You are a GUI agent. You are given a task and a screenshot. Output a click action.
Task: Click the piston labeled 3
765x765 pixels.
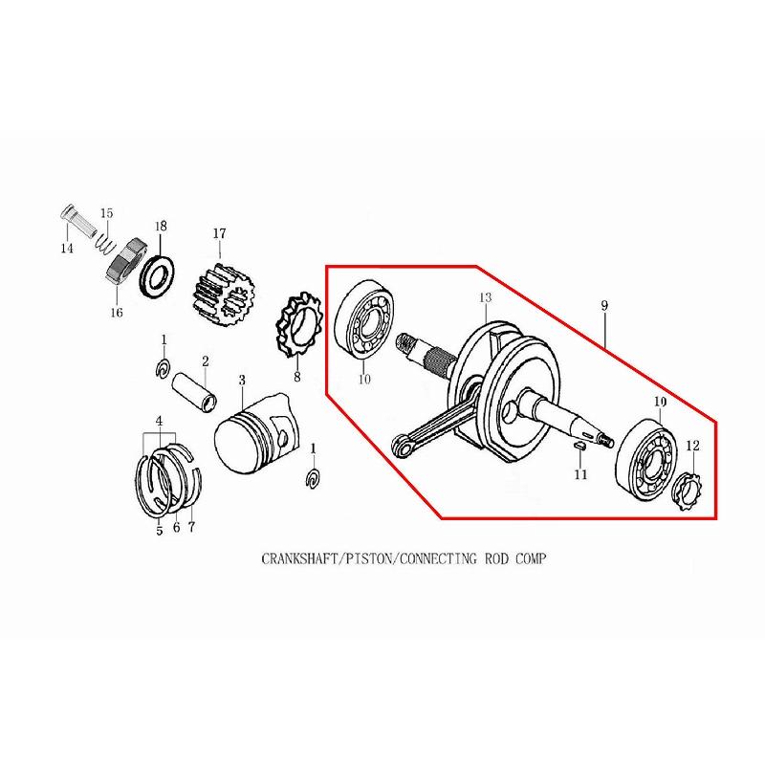[x=256, y=434]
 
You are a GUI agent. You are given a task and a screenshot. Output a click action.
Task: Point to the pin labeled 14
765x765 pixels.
[x=78, y=223]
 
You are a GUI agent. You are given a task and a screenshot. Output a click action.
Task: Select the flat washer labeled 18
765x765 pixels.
[x=158, y=276]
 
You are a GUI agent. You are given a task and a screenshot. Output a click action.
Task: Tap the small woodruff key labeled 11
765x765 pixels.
[x=579, y=445]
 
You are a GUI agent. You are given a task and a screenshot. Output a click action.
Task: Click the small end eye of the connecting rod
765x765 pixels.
[x=402, y=445]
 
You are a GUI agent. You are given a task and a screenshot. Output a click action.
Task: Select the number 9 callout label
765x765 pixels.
[x=604, y=306]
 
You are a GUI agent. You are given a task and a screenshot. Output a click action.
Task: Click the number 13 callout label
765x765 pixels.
[x=486, y=297]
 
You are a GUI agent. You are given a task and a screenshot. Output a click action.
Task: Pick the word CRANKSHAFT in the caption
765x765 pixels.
[x=299, y=558]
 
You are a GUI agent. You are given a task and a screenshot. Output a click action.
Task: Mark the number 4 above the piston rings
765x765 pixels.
[x=159, y=421]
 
